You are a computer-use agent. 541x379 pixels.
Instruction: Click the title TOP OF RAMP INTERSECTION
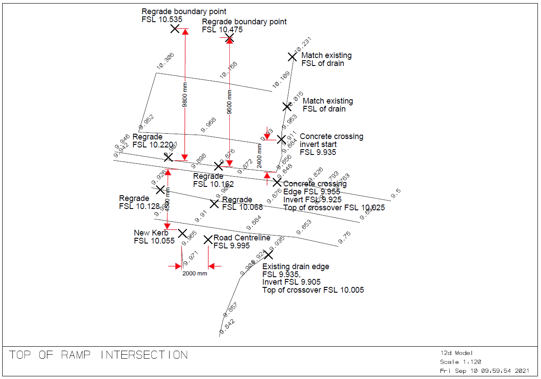tap(99, 355)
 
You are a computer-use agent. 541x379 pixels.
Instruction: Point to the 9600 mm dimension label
tap(229, 102)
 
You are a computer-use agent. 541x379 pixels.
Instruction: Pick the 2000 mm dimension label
tap(195, 273)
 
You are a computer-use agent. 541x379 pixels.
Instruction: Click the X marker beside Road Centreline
tap(208, 240)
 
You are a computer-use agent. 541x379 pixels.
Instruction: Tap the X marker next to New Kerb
tap(182, 233)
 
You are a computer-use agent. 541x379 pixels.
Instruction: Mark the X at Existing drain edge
tap(268, 254)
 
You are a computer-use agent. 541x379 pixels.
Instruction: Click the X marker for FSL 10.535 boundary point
tap(175, 29)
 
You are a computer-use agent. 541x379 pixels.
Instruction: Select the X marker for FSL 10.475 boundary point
tap(229, 39)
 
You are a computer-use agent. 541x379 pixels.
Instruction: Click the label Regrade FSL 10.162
tap(213, 180)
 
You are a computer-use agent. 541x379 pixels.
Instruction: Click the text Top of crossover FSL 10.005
tap(313, 290)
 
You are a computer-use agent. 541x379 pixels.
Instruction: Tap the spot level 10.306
tap(165, 61)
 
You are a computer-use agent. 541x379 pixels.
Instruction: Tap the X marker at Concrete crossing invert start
tap(282, 139)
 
